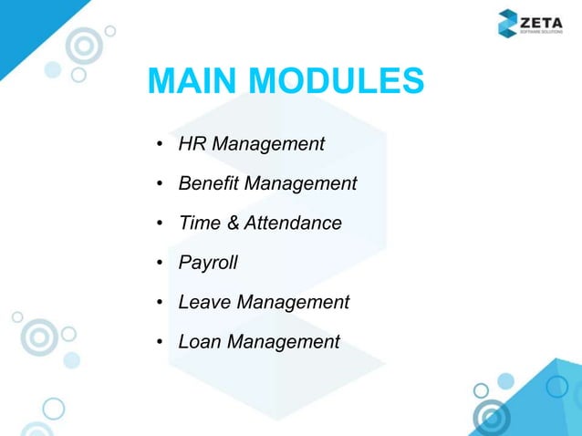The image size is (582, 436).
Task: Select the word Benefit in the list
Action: click(x=208, y=183)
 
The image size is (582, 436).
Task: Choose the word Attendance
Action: click(x=290, y=223)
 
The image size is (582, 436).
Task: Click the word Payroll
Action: click(x=208, y=263)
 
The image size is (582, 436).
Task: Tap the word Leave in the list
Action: click(x=203, y=302)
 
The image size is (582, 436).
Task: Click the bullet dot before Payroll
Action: click(x=160, y=264)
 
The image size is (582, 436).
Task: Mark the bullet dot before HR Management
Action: click(x=160, y=145)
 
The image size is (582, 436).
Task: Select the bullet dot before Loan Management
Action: click(x=160, y=343)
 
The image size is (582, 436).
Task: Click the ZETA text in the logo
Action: click(x=543, y=17)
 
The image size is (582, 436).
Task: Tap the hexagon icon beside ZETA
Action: click(x=508, y=23)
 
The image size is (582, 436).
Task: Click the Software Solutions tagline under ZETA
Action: click(x=543, y=31)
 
